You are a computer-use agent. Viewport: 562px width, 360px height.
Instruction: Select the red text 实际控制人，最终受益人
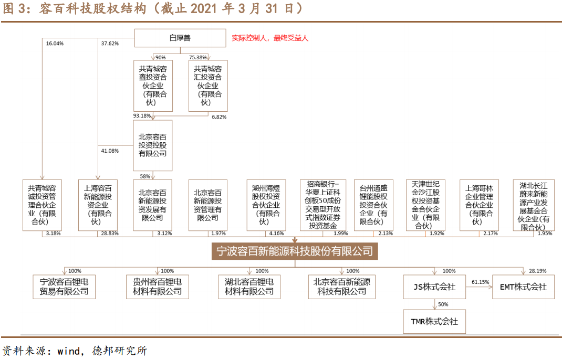pyautogui.click(x=270, y=38)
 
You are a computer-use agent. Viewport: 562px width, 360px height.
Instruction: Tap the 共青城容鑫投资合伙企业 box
pyautogui.click(x=152, y=86)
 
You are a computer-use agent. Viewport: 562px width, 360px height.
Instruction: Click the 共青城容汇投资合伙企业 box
pyautogui.click(x=207, y=86)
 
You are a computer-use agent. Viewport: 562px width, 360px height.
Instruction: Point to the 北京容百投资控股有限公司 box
pyautogui.click(x=152, y=145)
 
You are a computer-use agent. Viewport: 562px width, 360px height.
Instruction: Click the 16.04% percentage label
pyautogui.click(x=55, y=44)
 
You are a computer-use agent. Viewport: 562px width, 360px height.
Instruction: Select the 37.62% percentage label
pyautogui.click(x=110, y=44)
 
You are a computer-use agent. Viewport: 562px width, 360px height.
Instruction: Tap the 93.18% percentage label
pyautogui.click(x=142, y=116)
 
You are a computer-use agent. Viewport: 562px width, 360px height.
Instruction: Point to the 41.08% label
pyautogui.click(x=110, y=151)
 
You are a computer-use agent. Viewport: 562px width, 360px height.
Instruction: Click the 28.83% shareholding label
pyautogui.click(x=110, y=234)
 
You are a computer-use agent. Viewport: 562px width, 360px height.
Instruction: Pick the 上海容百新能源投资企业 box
pyautogui.click(x=98, y=205)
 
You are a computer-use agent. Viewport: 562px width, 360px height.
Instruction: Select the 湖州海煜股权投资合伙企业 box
pyautogui.click(x=265, y=205)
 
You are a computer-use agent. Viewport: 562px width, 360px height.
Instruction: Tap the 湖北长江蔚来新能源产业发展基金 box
pyautogui.click(x=534, y=205)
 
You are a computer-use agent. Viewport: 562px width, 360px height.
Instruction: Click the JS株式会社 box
pyautogui.click(x=434, y=287)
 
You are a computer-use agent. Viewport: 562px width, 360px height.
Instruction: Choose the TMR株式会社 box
pyautogui.click(x=434, y=321)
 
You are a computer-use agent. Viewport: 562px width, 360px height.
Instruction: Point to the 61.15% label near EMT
pyautogui.click(x=480, y=282)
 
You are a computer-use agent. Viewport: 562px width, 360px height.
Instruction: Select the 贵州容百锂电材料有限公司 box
pyautogui.click(x=154, y=287)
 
